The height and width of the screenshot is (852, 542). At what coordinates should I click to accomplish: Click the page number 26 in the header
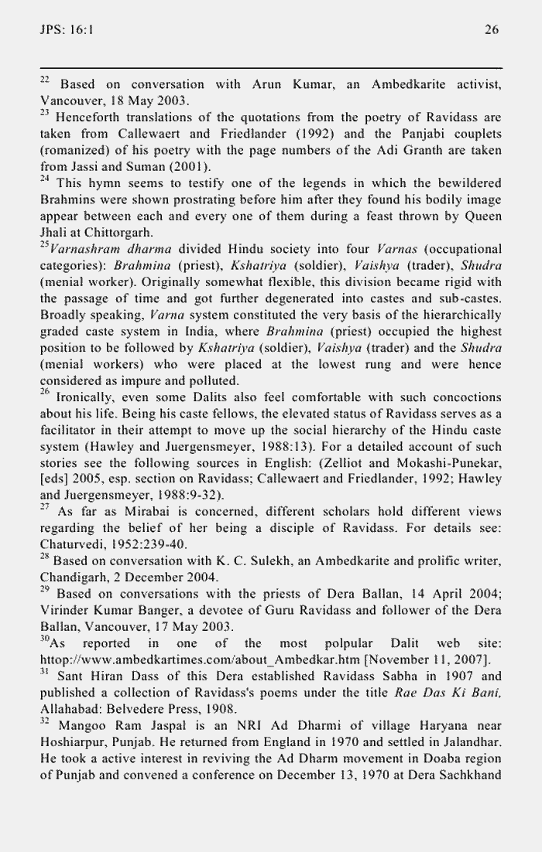492,29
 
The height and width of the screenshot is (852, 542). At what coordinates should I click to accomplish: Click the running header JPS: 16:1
66,29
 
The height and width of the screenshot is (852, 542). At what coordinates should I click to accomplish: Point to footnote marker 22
44,80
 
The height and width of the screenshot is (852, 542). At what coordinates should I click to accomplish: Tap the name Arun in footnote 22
269,84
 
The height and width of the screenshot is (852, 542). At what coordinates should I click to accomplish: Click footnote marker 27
44,508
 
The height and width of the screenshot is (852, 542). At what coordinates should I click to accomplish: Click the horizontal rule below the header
271,68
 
